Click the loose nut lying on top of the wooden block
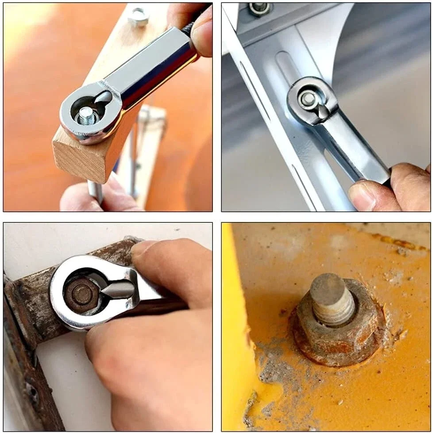139,17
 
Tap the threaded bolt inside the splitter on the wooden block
87,116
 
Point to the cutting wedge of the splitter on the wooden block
104,97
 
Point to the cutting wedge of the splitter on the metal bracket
323,111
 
